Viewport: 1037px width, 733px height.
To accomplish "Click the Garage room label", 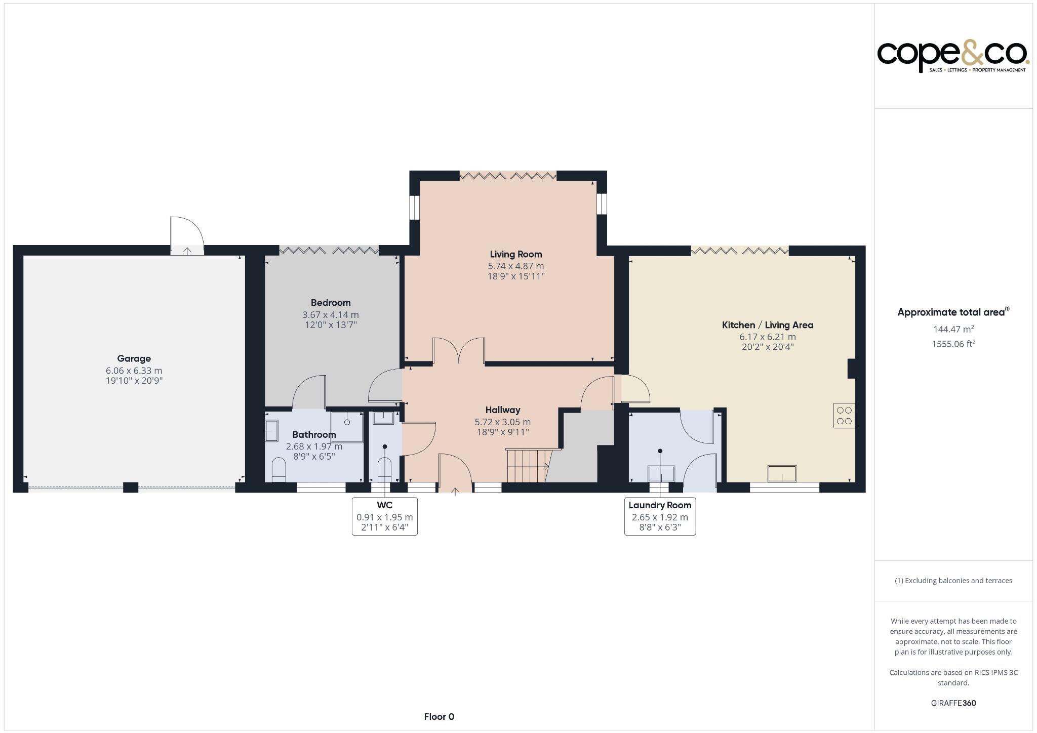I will click(134, 358).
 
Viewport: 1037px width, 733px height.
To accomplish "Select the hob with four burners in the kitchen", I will click(844, 416).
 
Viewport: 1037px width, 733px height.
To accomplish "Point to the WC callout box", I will click(384, 516).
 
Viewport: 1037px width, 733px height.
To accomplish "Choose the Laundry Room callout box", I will click(659, 516).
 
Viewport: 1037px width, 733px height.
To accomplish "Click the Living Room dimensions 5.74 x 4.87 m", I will click(515, 266).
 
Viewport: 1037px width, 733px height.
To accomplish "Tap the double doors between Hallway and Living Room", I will click(459, 351).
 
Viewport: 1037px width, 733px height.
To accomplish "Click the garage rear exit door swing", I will click(187, 234).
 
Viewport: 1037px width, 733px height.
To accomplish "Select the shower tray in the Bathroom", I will click(347, 427).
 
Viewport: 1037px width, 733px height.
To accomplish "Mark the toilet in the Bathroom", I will click(278, 469).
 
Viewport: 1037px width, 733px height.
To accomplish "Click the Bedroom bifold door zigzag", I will click(329, 250).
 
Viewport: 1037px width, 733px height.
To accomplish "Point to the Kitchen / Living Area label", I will click(767, 325).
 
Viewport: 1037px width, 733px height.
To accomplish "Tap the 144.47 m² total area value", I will click(953, 329).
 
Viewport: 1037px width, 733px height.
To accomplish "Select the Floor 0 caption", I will click(439, 716).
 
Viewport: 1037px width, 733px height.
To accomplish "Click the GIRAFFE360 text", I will click(953, 703).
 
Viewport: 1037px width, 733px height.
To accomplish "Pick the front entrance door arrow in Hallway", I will click(455, 490).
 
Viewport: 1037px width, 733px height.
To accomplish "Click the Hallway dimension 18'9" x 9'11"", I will click(502, 432).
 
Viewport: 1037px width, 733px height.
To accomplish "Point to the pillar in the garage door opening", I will click(131, 487).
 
